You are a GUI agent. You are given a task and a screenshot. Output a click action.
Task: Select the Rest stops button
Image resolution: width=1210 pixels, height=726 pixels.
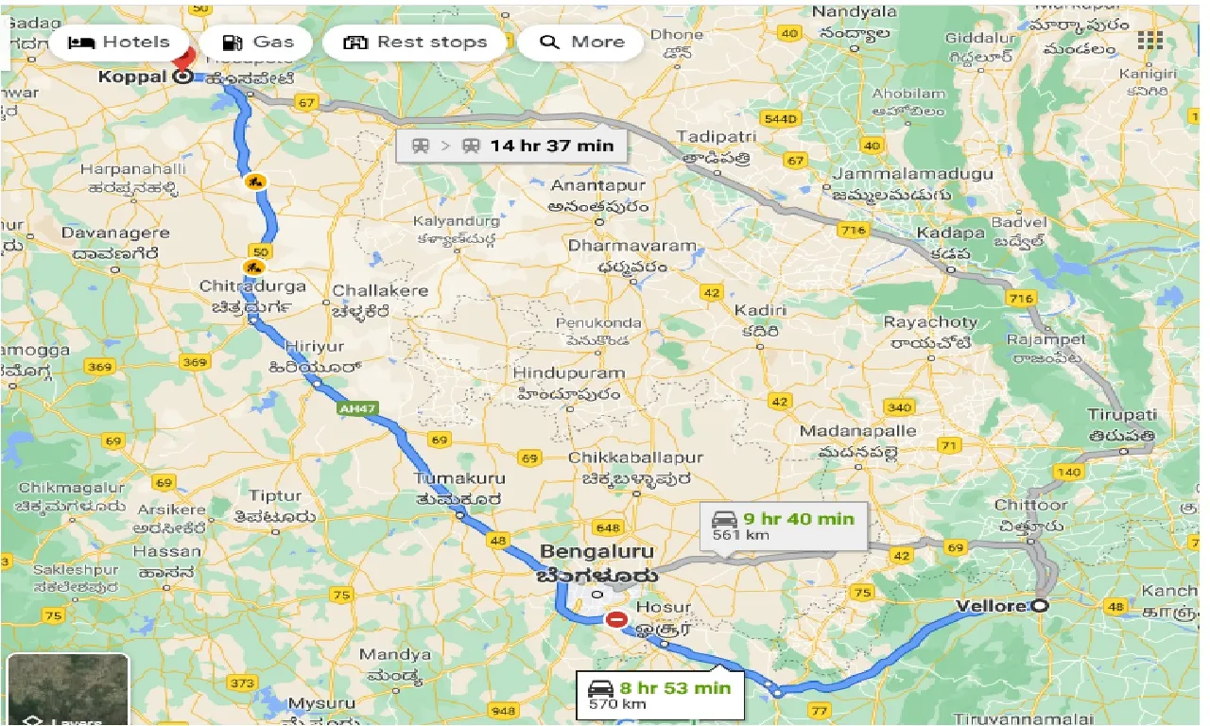pos(416,43)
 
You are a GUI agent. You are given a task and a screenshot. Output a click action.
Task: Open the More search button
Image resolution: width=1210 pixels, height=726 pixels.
pos(581,43)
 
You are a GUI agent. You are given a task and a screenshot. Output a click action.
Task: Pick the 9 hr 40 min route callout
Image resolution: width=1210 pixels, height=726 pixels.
pos(783,525)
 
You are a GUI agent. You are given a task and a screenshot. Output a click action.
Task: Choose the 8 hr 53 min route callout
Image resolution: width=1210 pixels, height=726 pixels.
pos(660,694)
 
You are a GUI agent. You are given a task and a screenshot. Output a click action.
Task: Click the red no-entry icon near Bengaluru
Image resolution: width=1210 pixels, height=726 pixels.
pos(616,620)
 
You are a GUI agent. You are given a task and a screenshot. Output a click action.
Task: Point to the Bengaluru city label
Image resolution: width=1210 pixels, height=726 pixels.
pos(596,551)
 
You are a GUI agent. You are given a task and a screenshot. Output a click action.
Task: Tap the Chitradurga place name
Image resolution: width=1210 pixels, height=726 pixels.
pos(252,285)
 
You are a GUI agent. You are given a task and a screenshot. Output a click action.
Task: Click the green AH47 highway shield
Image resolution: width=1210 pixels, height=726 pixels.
pos(351,407)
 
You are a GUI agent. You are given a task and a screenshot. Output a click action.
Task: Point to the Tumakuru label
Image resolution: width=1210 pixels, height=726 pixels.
pos(460,478)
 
